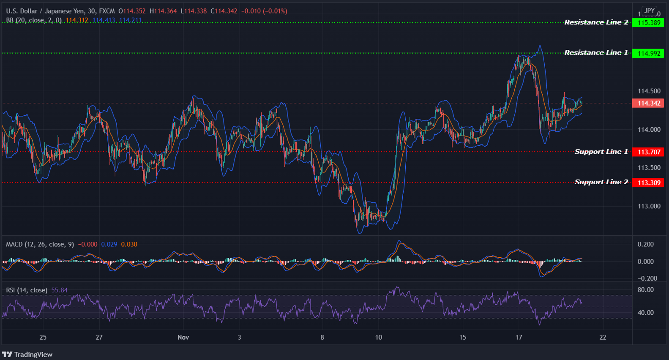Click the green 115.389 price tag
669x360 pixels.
[648, 23]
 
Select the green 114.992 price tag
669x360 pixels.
[648, 53]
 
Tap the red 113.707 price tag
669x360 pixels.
[648, 152]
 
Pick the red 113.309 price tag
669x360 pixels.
[648, 183]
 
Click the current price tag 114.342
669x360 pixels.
[648, 104]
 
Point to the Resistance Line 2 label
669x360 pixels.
[596, 22]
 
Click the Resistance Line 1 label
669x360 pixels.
[596, 53]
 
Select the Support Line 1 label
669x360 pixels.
[601, 152]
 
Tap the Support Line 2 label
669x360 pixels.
[601, 182]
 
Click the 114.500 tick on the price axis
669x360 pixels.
[649, 91]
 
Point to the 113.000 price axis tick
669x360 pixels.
[649, 206]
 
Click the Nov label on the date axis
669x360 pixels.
[183, 337]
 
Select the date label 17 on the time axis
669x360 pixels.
[519, 337]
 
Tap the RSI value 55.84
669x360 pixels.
[59, 290]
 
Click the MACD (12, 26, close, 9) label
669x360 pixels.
[40, 244]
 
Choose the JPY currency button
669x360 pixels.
[650, 11]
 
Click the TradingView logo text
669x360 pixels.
[33, 355]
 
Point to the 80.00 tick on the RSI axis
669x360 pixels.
[645, 290]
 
